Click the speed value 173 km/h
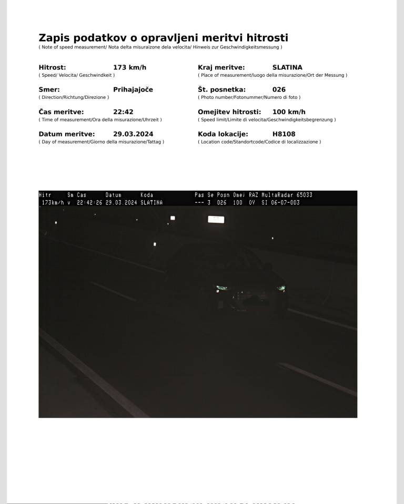coord(129,67)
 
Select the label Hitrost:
coord(52,67)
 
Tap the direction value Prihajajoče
coord(133,89)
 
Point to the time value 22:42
coord(123,112)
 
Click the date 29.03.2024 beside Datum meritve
coord(133,134)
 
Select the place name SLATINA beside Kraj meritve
coord(287,67)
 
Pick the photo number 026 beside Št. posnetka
coord(279,89)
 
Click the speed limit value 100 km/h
coord(289,112)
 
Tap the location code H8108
coord(284,134)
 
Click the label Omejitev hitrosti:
coord(229,112)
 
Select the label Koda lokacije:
coord(223,134)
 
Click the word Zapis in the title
coord(54,38)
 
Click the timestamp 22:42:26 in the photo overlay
coord(89,202)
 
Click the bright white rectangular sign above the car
coord(216,219)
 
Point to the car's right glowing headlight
coord(281,287)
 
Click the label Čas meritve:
coord(61,112)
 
